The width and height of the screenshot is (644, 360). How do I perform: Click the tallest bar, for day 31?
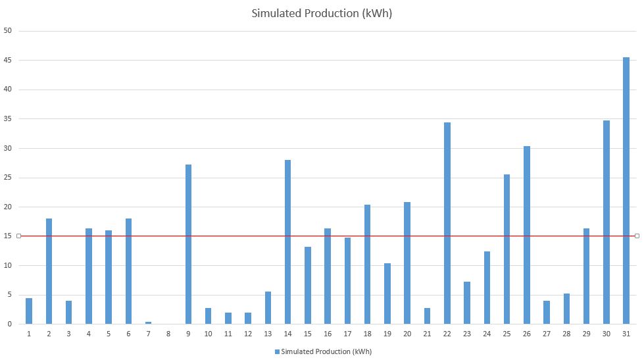click(x=626, y=191)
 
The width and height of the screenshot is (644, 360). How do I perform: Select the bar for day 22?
click(x=447, y=223)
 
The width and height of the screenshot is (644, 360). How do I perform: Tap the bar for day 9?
click(x=188, y=245)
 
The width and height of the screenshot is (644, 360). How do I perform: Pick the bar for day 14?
click(x=287, y=242)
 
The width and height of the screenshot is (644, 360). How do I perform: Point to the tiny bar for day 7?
click(x=148, y=323)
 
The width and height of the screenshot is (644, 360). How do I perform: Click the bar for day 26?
click(x=526, y=235)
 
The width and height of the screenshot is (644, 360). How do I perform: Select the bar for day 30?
click(x=607, y=222)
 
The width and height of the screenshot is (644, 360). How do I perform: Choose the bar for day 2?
click(x=49, y=271)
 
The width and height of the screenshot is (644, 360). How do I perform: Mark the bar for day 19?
click(x=387, y=294)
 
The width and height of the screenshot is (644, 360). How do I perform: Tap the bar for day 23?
click(x=467, y=303)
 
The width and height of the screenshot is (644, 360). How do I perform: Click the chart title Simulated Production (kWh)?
click(x=322, y=13)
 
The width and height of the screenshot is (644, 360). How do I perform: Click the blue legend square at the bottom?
click(x=277, y=352)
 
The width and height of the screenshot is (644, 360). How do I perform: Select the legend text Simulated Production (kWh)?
click(x=326, y=352)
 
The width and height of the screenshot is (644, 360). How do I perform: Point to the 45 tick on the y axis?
click(x=7, y=60)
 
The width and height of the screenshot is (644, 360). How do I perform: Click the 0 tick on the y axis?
click(x=9, y=324)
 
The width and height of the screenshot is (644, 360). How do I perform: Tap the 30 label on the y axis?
click(x=7, y=148)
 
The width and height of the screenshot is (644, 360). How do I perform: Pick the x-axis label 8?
click(x=168, y=334)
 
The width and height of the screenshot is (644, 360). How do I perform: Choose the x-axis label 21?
click(x=427, y=334)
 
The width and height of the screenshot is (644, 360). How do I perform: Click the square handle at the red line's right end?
click(x=637, y=236)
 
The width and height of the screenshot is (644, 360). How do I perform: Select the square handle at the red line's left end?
click(x=18, y=236)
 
